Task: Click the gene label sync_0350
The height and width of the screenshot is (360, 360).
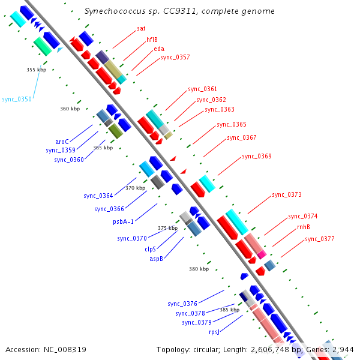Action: tap(17, 99)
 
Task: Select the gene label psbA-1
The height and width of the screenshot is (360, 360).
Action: tap(123, 221)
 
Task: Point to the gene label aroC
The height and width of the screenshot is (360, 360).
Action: tap(62, 142)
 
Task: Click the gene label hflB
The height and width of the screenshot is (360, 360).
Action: tap(152, 40)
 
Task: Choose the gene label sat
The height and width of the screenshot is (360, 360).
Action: tap(141, 28)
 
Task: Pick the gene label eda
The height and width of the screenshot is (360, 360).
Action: tap(159, 49)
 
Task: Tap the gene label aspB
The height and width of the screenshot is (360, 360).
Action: tap(156, 259)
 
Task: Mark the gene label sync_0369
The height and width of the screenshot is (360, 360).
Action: tap(256, 157)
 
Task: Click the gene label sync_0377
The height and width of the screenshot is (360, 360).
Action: tap(319, 239)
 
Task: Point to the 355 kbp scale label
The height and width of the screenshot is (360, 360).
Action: tap(37, 70)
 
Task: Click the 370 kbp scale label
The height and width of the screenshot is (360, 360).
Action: tap(135, 188)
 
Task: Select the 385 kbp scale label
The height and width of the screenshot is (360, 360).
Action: tap(229, 310)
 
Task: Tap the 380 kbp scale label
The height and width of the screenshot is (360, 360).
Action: tap(199, 269)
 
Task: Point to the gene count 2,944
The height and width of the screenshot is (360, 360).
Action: tap(342, 349)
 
